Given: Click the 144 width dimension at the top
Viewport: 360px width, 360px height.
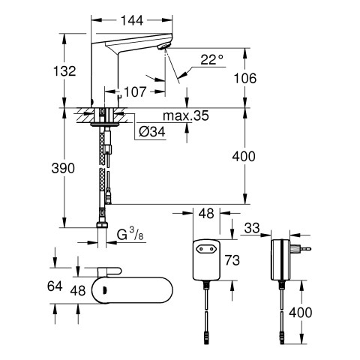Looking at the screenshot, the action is coord(132,20).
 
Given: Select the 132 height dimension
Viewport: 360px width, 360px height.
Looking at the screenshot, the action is coord(64,71).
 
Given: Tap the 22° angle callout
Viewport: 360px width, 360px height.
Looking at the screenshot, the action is coord(211,60).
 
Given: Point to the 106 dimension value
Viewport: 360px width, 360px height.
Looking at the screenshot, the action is coord(245,78).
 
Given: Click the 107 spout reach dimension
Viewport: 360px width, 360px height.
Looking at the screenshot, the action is coord(135,91).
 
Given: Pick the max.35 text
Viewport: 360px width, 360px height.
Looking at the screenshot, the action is coord(185,115).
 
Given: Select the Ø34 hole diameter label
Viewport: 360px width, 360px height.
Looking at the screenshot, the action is coord(152,131).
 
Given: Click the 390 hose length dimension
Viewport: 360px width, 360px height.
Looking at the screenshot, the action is coord(63,168).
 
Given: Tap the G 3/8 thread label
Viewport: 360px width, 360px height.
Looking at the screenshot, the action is coord(130,235).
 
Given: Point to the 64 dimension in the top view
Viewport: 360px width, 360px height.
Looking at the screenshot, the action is coord(55,286).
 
